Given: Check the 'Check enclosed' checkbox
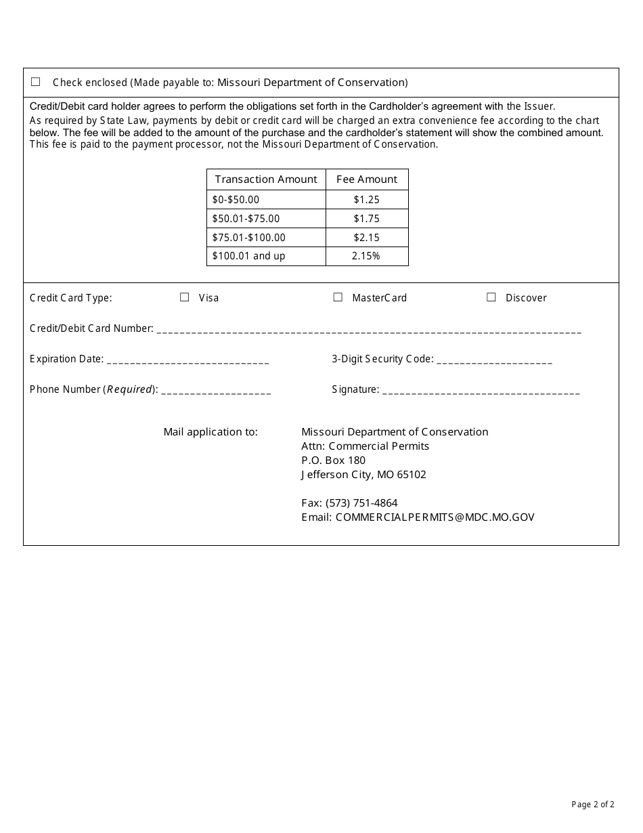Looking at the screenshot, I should [x=36, y=82].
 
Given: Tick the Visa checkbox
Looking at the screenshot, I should [x=184, y=297].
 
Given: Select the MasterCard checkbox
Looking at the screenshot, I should [x=338, y=297].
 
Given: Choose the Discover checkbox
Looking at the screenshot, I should [x=491, y=297].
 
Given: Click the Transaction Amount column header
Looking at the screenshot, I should [x=266, y=179].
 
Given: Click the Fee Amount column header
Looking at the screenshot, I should [x=367, y=179].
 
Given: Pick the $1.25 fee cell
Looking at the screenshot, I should [x=367, y=200].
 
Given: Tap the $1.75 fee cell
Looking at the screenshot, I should [x=367, y=219].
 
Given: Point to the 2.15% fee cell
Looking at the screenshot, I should [x=367, y=256].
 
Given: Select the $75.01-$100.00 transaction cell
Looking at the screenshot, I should [x=249, y=238].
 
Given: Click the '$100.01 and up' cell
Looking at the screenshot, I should [x=249, y=256].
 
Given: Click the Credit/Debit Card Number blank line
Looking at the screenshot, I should [x=368, y=330].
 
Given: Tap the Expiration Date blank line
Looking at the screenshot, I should [x=187, y=360].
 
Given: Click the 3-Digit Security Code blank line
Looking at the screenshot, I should [x=494, y=360].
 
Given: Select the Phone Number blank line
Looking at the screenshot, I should [x=216, y=391].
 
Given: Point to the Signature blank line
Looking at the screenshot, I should [x=481, y=391].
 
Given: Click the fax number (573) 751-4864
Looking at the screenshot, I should [x=361, y=503].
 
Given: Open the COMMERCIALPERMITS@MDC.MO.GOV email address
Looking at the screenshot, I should [x=435, y=517].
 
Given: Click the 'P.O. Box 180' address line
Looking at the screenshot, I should [x=333, y=461].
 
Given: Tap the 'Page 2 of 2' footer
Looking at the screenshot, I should [x=593, y=805].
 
